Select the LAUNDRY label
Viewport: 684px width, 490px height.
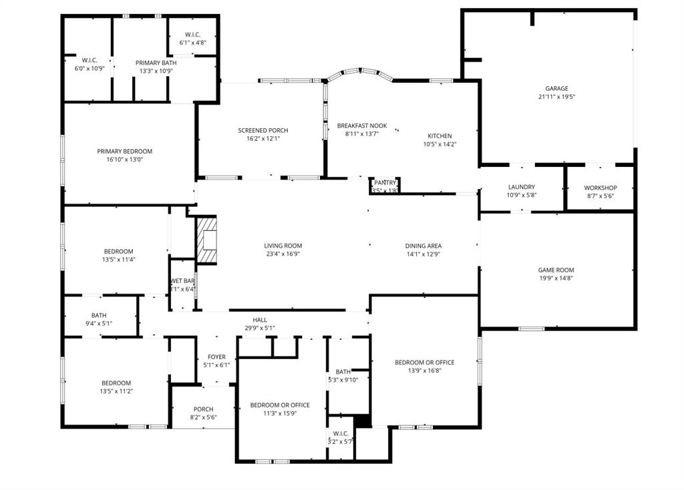pos(522,187)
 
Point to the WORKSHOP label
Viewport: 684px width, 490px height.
pos(600,188)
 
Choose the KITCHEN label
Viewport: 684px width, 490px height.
pos(440,136)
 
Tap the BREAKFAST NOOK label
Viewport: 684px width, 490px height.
pos(361,126)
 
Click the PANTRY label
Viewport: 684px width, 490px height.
pos(385,182)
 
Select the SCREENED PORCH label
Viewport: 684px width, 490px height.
pos(263,130)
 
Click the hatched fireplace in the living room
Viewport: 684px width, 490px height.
pos(207,240)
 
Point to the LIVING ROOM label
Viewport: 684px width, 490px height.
pos(283,246)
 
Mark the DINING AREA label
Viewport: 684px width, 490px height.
pos(423,246)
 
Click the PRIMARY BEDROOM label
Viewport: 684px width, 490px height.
pos(124,151)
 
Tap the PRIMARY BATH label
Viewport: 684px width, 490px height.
pos(156,63)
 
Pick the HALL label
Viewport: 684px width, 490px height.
pos(260,320)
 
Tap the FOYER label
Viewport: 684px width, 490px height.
pos(216,356)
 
